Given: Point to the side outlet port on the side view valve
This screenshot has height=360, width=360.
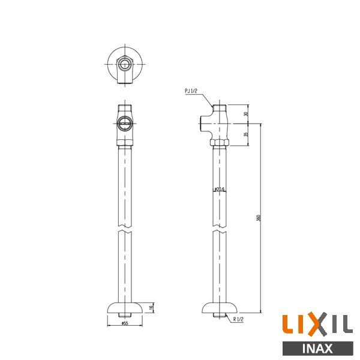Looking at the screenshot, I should (x=202, y=124).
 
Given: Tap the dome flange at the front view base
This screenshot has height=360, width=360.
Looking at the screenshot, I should (x=125, y=307).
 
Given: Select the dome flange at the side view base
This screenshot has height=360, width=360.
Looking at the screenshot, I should (x=220, y=307).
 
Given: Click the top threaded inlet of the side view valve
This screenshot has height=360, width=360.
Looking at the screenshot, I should (x=220, y=108).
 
